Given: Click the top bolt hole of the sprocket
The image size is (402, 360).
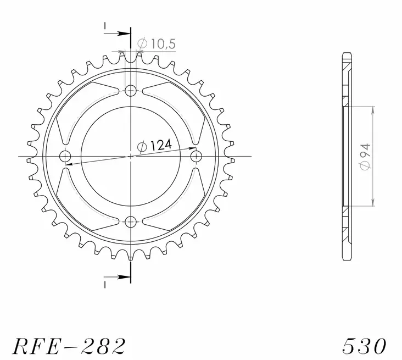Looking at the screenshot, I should click(x=131, y=91).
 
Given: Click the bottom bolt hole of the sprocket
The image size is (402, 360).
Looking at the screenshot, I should click(x=131, y=221).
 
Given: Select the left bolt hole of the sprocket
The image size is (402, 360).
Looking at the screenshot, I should click(x=66, y=156).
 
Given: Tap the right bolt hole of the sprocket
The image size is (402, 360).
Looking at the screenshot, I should click(x=196, y=156).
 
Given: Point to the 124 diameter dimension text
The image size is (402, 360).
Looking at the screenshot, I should click(x=160, y=145).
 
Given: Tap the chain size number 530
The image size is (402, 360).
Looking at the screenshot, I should click(x=364, y=345).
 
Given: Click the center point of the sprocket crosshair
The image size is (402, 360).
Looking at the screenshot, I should click(x=131, y=156).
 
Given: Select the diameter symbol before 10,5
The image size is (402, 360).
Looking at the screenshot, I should click(x=142, y=44).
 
